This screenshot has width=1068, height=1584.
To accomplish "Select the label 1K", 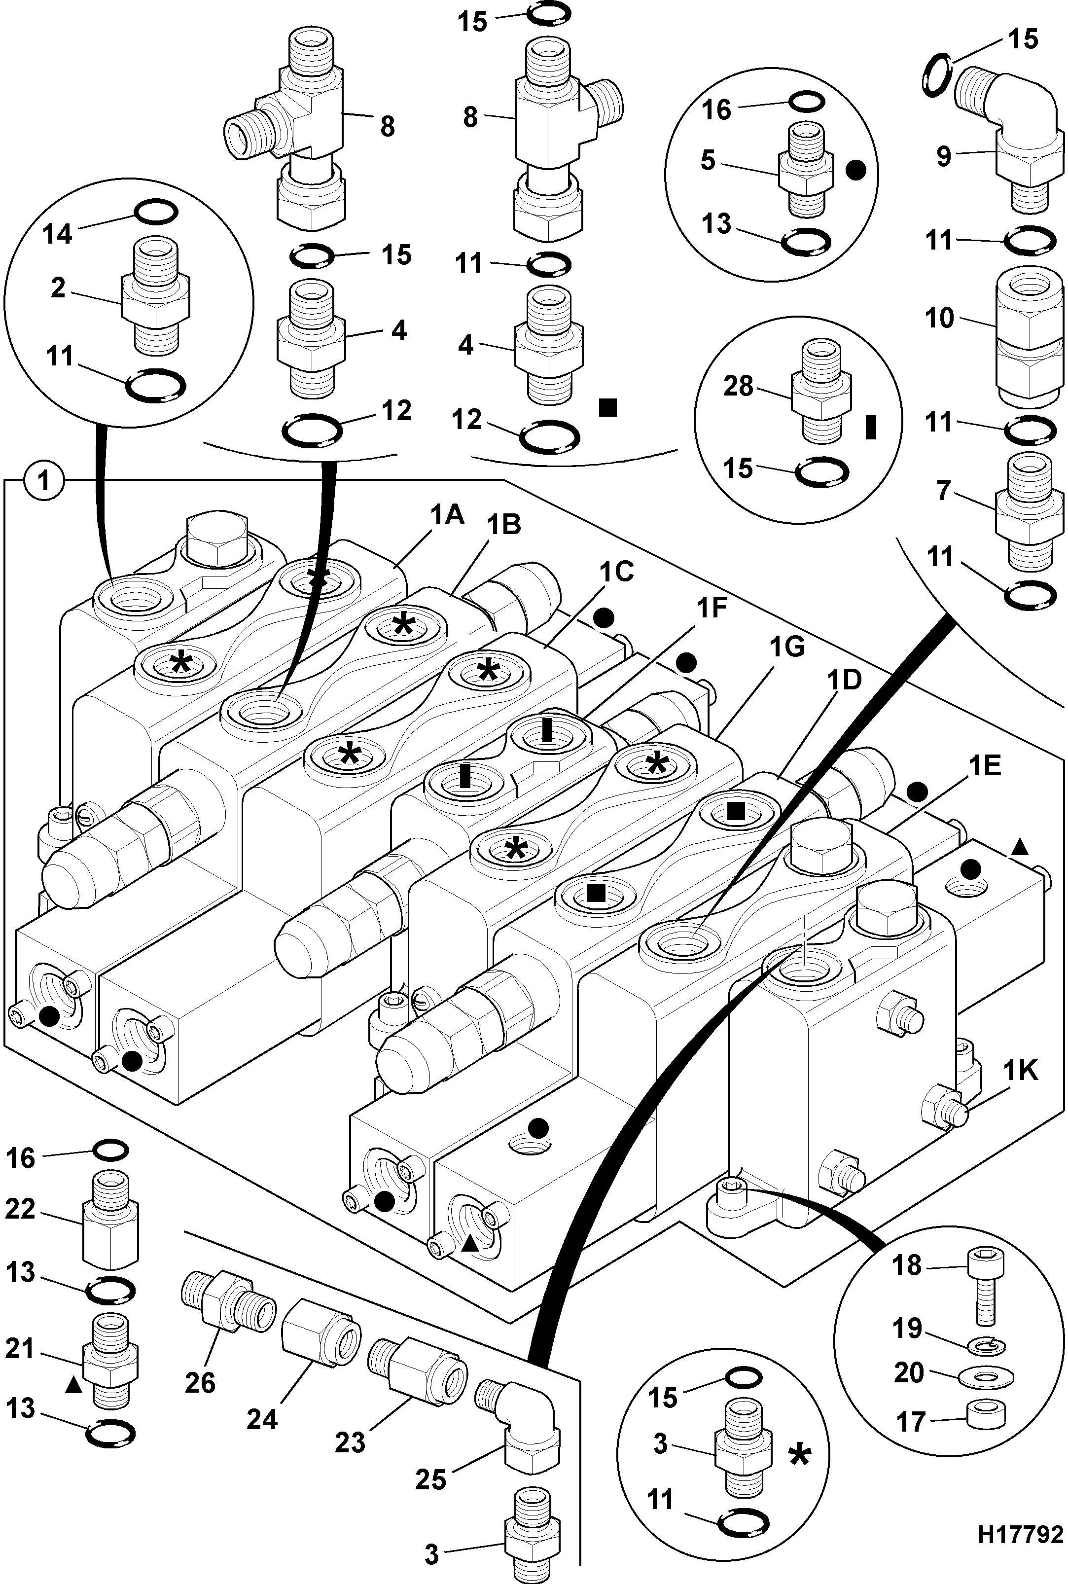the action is [x=1019, y=1072].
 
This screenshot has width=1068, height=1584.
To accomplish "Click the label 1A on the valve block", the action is [x=446, y=516].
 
